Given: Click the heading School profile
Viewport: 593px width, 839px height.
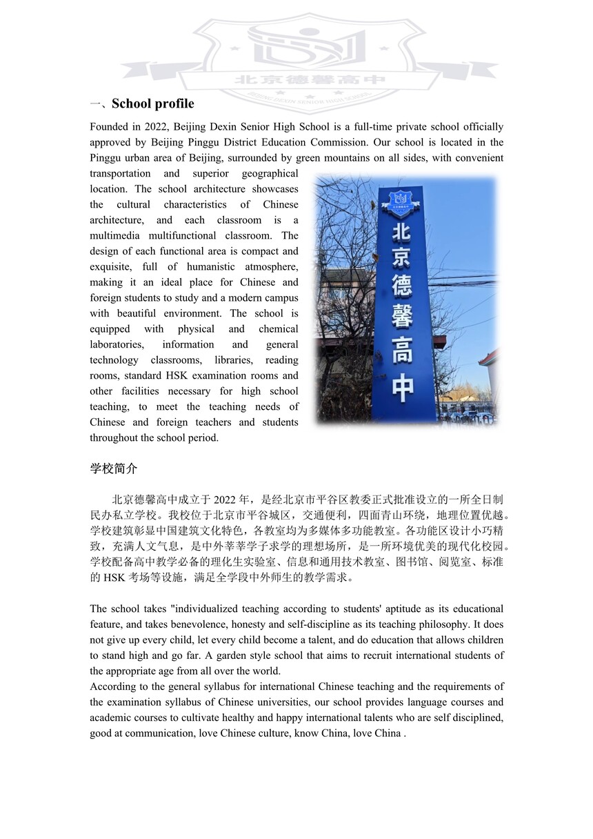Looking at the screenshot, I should [152, 104].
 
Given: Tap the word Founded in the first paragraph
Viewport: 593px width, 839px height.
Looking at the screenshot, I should [110, 127].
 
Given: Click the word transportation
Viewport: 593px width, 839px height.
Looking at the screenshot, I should [120, 173].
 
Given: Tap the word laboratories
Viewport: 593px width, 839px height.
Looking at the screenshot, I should [117, 344].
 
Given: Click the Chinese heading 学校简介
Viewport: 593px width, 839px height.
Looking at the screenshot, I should [114, 468].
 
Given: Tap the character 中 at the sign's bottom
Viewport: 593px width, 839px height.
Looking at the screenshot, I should [403, 388].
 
